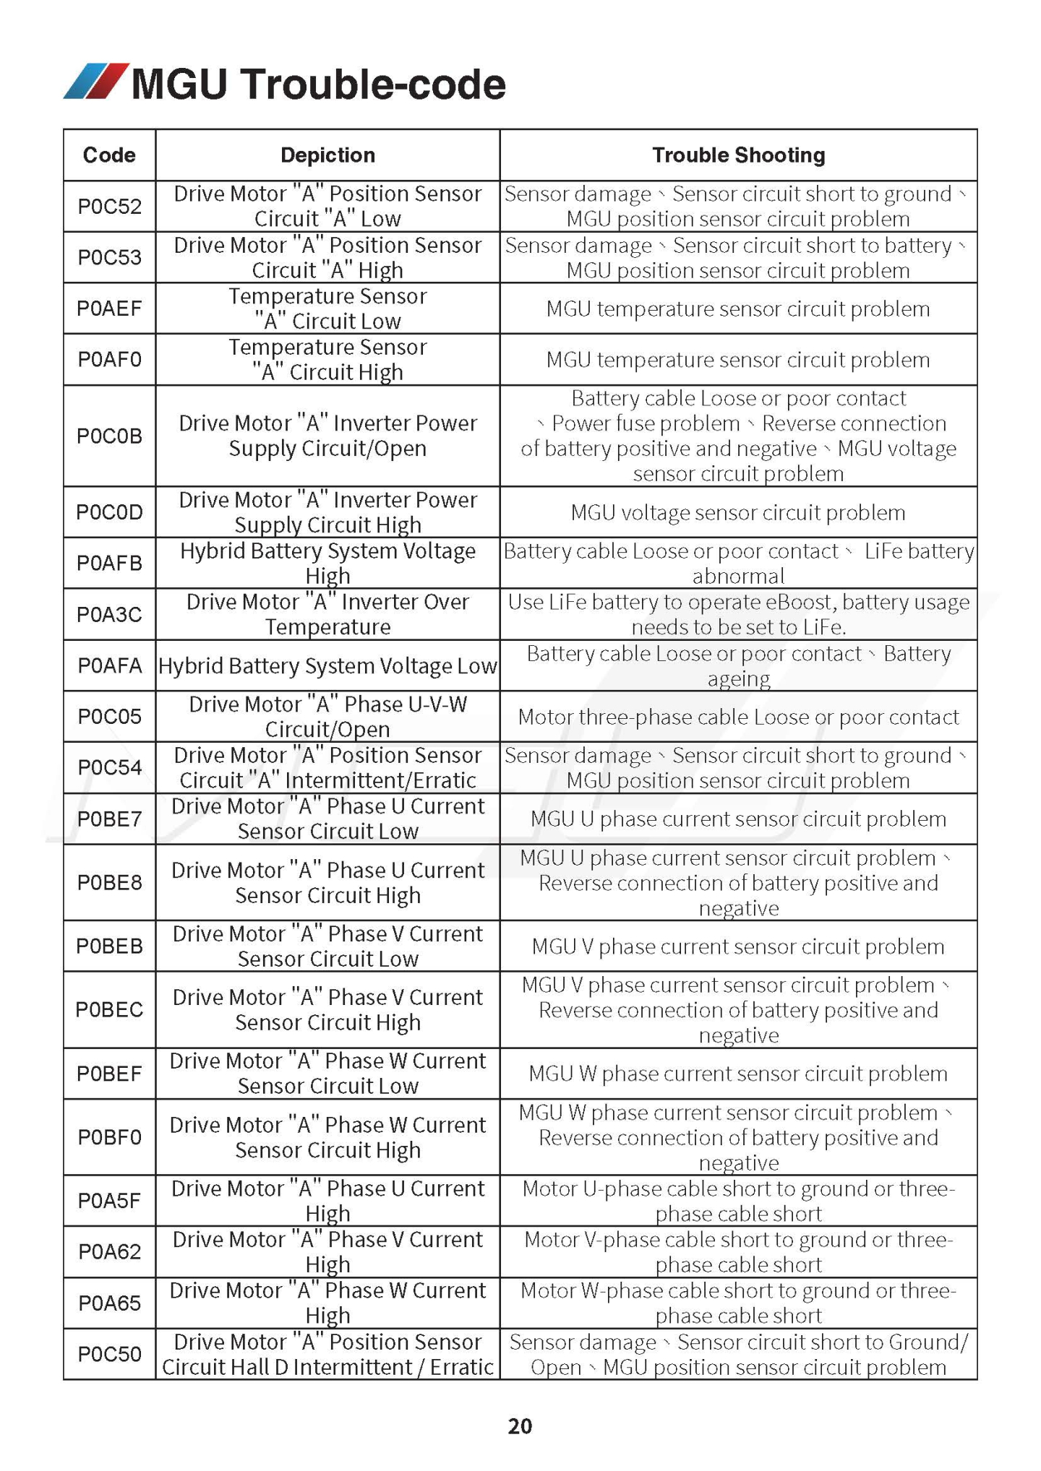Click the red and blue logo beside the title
coord(95,81)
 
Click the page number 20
coord(520,1425)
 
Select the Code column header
coord(109,155)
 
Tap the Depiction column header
coord(327,155)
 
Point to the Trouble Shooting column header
coord(738,155)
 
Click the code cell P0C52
coord(109,207)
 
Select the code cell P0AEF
coord(109,309)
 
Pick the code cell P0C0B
coord(109,436)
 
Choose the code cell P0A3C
coord(109,615)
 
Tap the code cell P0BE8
coord(109,883)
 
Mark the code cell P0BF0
coord(109,1137)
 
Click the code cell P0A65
coord(109,1303)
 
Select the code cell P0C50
coord(109,1354)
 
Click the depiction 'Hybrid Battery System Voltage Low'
coord(327,666)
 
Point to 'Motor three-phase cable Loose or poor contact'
coord(738,717)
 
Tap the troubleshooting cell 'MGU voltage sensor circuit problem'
coord(738,513)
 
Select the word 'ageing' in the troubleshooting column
coord(738,679)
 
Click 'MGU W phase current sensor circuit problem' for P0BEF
coord(738,1074)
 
